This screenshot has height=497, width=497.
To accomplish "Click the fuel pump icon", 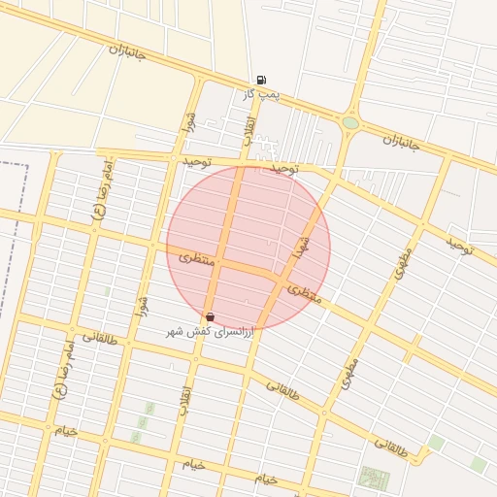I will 260,81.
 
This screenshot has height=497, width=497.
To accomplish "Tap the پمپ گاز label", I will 261,94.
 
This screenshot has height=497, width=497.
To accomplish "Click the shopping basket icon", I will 210,317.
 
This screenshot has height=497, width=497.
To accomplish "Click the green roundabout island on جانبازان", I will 350,123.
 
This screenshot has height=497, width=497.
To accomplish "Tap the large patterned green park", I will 374,478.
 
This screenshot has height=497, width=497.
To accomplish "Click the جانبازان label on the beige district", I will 126,51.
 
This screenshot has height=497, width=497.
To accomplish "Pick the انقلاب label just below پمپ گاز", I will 248,133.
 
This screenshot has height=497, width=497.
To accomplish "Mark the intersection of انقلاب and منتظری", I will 220,263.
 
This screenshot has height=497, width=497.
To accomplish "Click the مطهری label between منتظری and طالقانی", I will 349,375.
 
